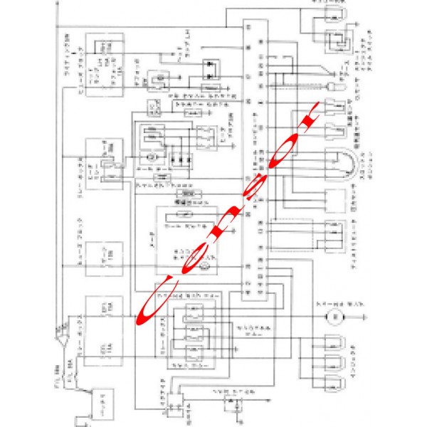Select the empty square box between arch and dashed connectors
(x=334, y=202)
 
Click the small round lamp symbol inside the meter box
(x=202, y=265)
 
